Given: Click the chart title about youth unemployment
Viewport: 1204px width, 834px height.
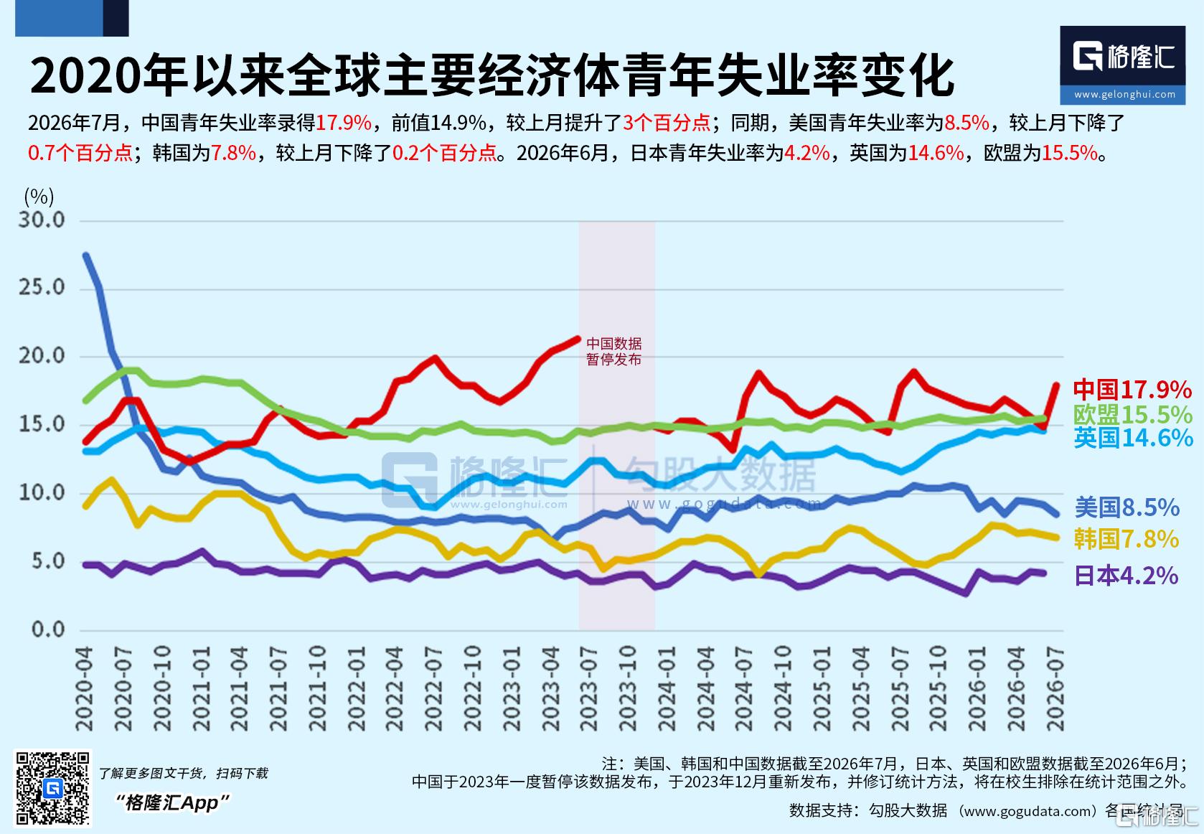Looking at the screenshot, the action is (x=492, y=75).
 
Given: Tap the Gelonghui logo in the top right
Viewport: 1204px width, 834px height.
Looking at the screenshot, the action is (x=1123, y=65).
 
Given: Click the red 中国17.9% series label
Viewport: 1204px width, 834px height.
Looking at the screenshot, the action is (x=1132, y=389).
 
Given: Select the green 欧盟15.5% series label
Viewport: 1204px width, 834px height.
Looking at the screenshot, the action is (x=1133, y=415).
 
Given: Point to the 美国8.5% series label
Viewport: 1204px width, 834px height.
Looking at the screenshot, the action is (x=1127, y=507).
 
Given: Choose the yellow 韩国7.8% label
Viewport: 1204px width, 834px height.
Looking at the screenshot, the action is (x=1127, y=539).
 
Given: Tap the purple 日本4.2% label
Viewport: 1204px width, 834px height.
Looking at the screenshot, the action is (x=1127, y=576).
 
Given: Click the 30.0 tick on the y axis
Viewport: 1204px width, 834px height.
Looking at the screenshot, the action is (x=42, y=220).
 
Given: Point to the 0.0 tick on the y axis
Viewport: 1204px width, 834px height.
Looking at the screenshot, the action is (x=48, y=629).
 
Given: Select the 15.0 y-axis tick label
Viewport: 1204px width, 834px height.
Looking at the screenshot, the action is (x=42, y=424).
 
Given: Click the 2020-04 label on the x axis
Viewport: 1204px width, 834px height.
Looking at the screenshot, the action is (x=85, y=689).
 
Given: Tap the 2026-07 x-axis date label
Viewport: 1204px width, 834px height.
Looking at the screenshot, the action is (x=1055, y=689).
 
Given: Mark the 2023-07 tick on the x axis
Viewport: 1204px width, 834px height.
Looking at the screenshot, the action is (x=589, y=689).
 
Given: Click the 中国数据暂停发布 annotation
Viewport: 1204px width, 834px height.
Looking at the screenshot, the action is (x=613, y=352).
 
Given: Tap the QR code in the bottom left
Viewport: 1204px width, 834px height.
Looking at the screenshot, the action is (x=52, y=788).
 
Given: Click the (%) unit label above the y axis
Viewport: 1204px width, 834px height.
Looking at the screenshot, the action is (x=39, y=197).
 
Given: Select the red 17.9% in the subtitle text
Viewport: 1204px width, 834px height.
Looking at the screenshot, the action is (x=344, y=123).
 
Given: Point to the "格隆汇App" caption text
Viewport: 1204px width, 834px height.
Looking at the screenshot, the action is (x=172, y=803).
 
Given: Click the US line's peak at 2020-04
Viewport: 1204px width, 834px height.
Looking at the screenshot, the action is (x=86, y=256).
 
